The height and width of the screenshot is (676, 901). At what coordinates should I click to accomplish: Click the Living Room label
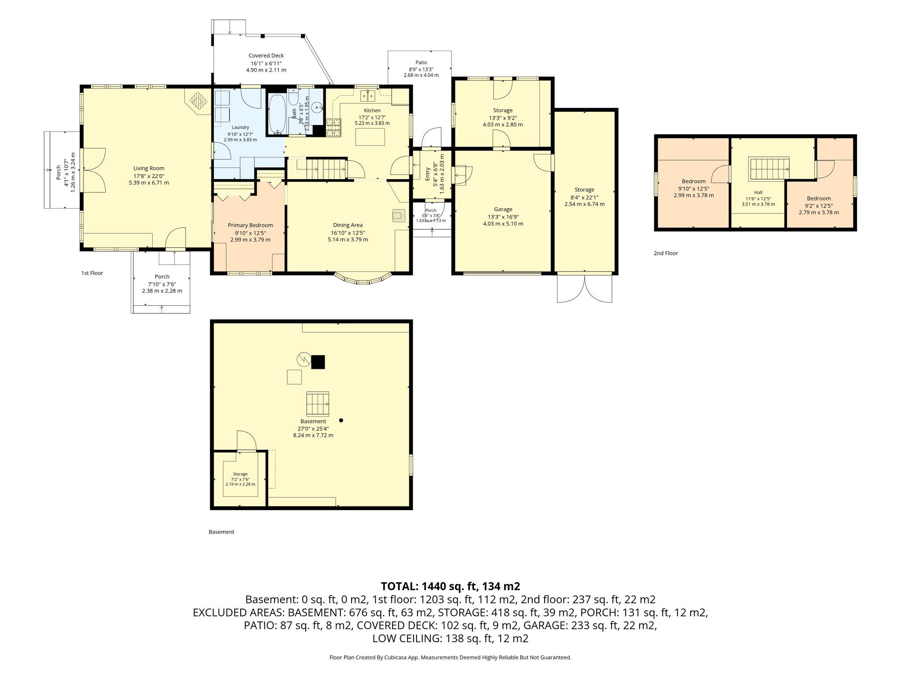[x=149, y=168]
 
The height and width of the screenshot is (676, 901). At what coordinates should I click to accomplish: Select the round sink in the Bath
[x=317, y=107]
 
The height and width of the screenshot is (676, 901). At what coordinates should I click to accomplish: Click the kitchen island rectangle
[x=370, y=138]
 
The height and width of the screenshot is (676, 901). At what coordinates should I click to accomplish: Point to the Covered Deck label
[x=266, y=55]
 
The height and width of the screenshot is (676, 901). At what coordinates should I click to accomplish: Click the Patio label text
[x=421, y=62]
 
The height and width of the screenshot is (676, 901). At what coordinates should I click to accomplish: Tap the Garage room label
[x=503, y=209]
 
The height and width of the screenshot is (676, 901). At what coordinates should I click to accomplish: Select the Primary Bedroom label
[x=250, y=225]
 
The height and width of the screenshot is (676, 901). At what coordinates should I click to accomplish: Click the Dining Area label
[x=348, y=225]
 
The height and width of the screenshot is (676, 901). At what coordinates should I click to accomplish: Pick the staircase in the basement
[x=318, y=404]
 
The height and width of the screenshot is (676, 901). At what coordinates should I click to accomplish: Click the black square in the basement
[x=318, y=362]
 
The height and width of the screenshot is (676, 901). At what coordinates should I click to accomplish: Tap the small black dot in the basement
[x=341, y=420]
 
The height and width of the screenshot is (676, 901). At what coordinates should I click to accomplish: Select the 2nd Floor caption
[x=666, y=253]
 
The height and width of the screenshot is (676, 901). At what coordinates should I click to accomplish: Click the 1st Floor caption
[x=92, y=273]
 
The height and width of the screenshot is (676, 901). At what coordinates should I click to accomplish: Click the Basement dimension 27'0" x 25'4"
[x=313, y=428]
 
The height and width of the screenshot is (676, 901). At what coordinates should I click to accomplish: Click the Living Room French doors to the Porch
[x=93, y=170]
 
